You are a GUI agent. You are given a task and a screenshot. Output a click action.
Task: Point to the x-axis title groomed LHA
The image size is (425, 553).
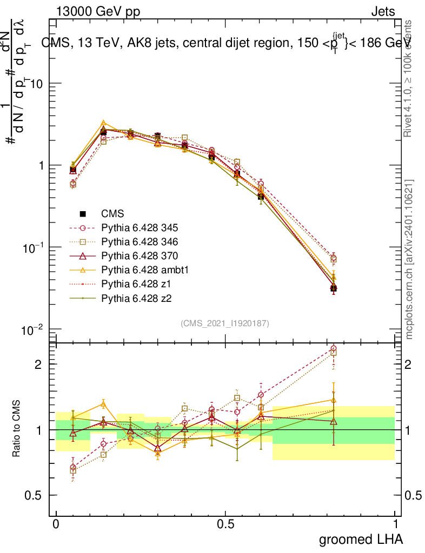[x=361, y=539]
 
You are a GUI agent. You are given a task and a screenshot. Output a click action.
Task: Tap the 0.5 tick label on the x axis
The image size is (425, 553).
[x=225, y=524]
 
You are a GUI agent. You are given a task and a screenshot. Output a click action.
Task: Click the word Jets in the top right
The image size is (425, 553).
[x=382, y=11]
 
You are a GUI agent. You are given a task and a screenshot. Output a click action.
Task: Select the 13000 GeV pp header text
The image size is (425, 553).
[x=98, y=11]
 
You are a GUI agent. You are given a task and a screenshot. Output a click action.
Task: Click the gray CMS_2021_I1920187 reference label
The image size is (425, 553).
[x=225, y=323]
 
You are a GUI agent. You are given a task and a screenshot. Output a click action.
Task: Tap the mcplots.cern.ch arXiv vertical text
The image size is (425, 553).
[x=409, y=259]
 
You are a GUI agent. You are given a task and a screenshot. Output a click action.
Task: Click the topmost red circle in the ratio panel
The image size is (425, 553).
[x=333, y=349]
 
